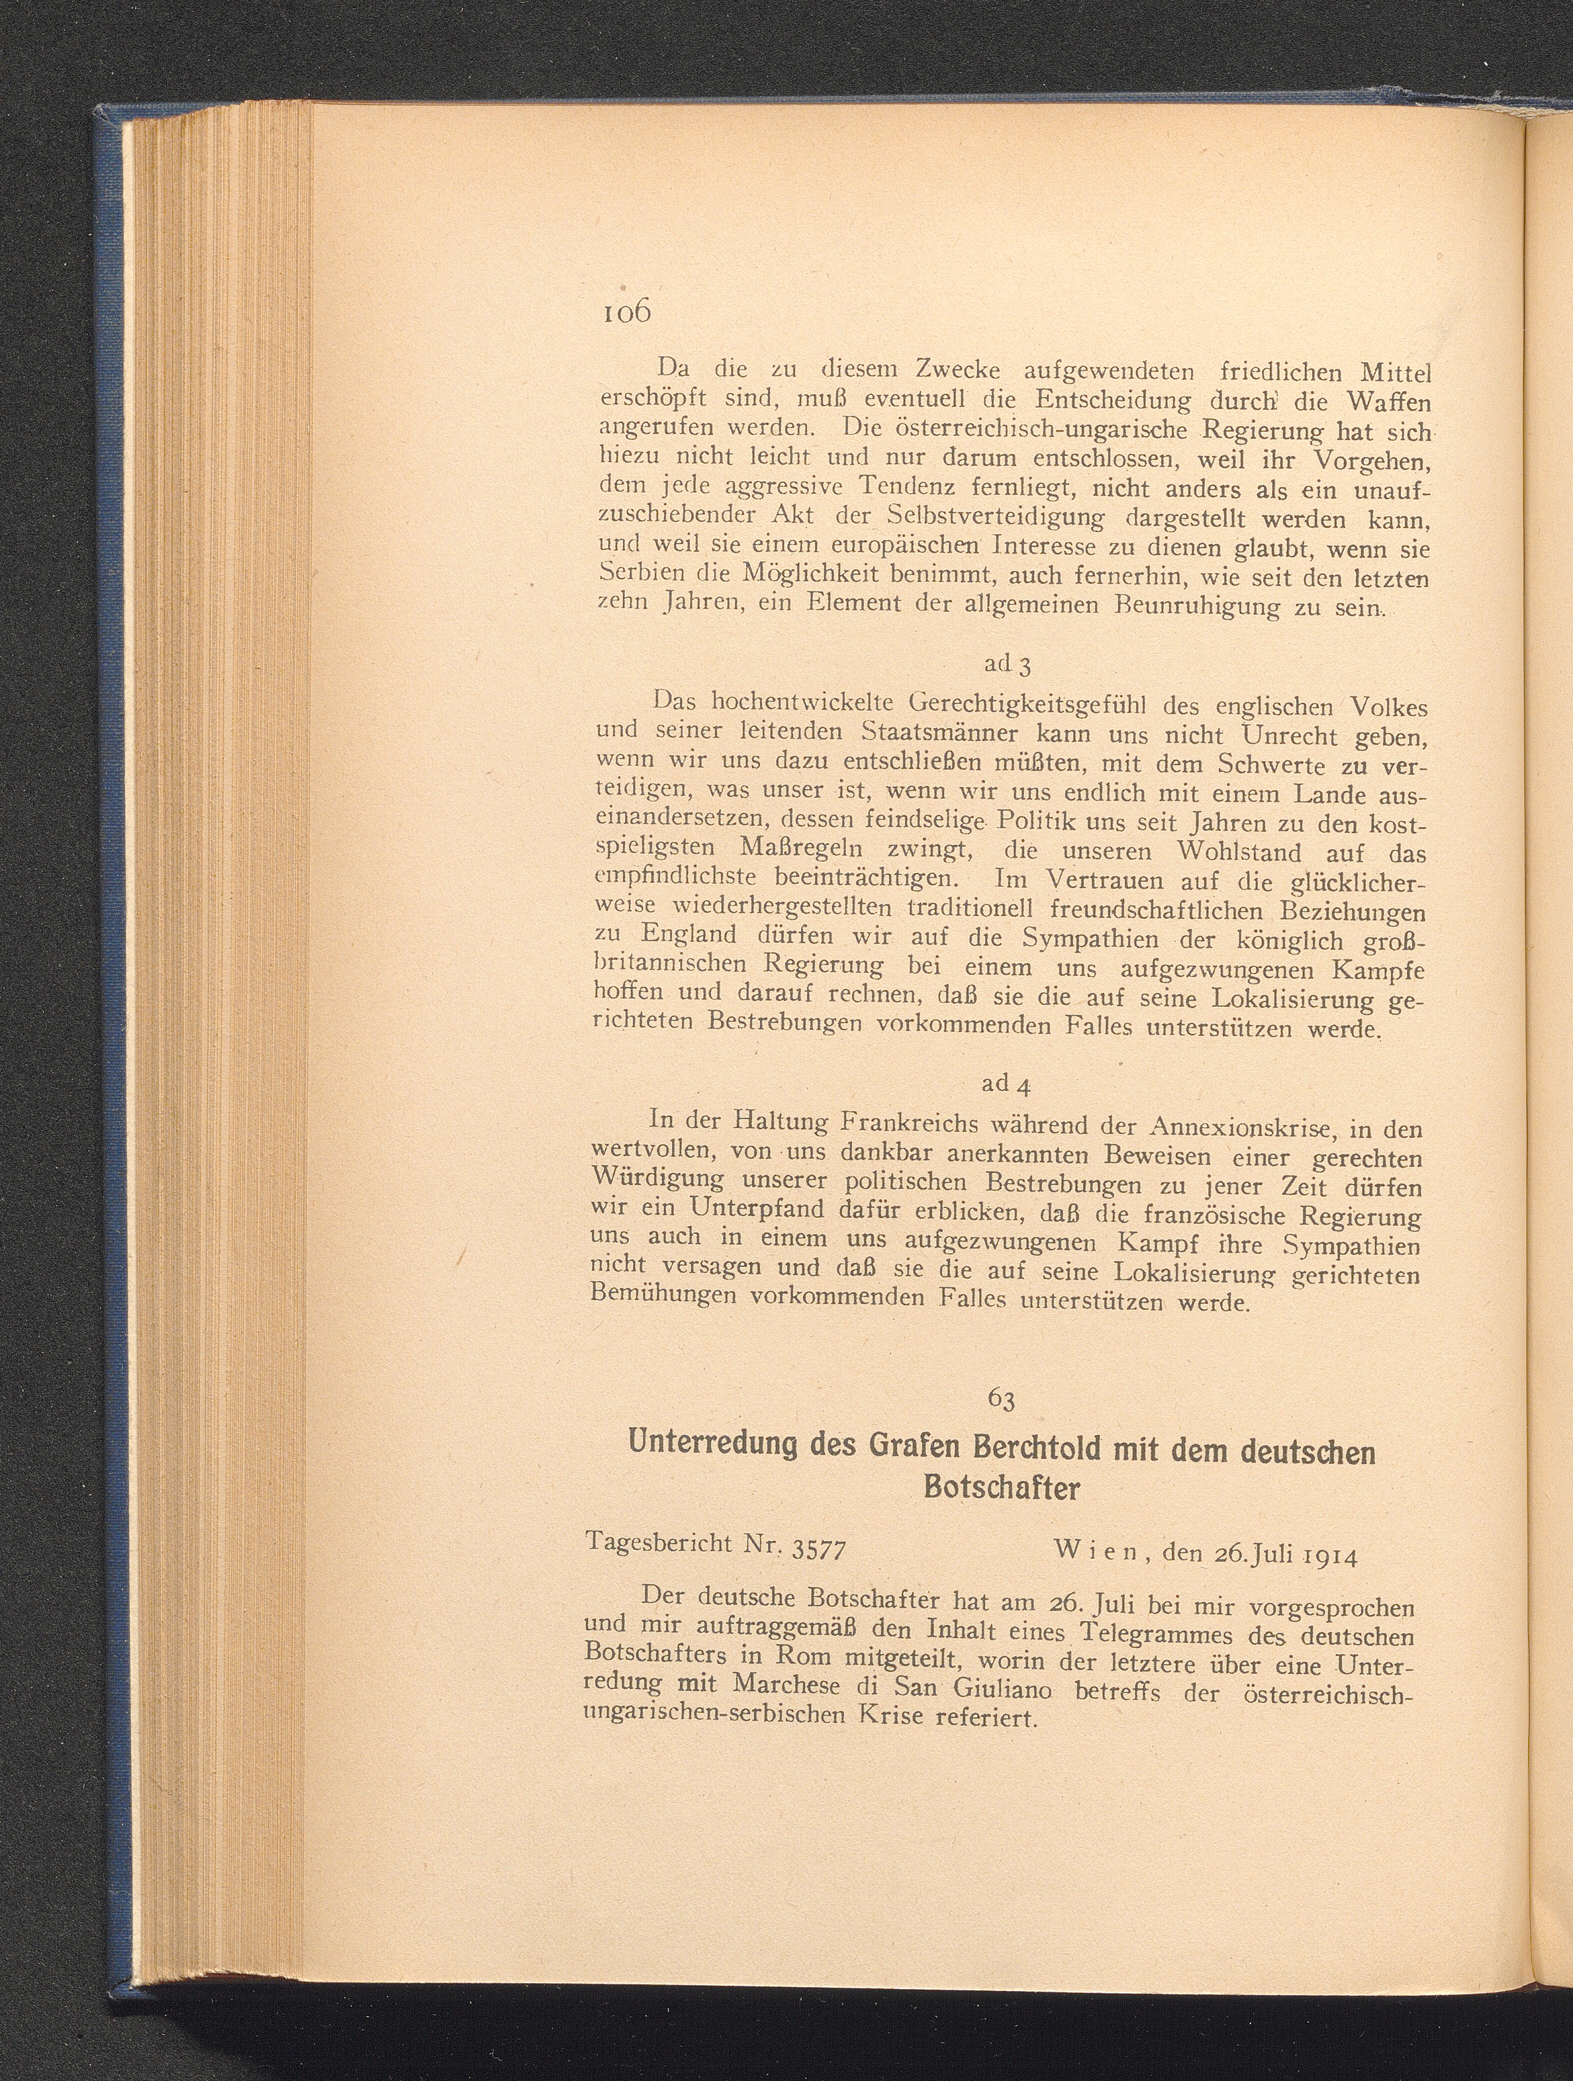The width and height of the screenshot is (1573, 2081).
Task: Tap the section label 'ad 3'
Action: pos(1008,664)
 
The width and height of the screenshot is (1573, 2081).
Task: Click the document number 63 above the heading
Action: pos(1002,1399)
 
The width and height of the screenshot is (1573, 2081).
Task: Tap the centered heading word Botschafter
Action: pos(1003,1489)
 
